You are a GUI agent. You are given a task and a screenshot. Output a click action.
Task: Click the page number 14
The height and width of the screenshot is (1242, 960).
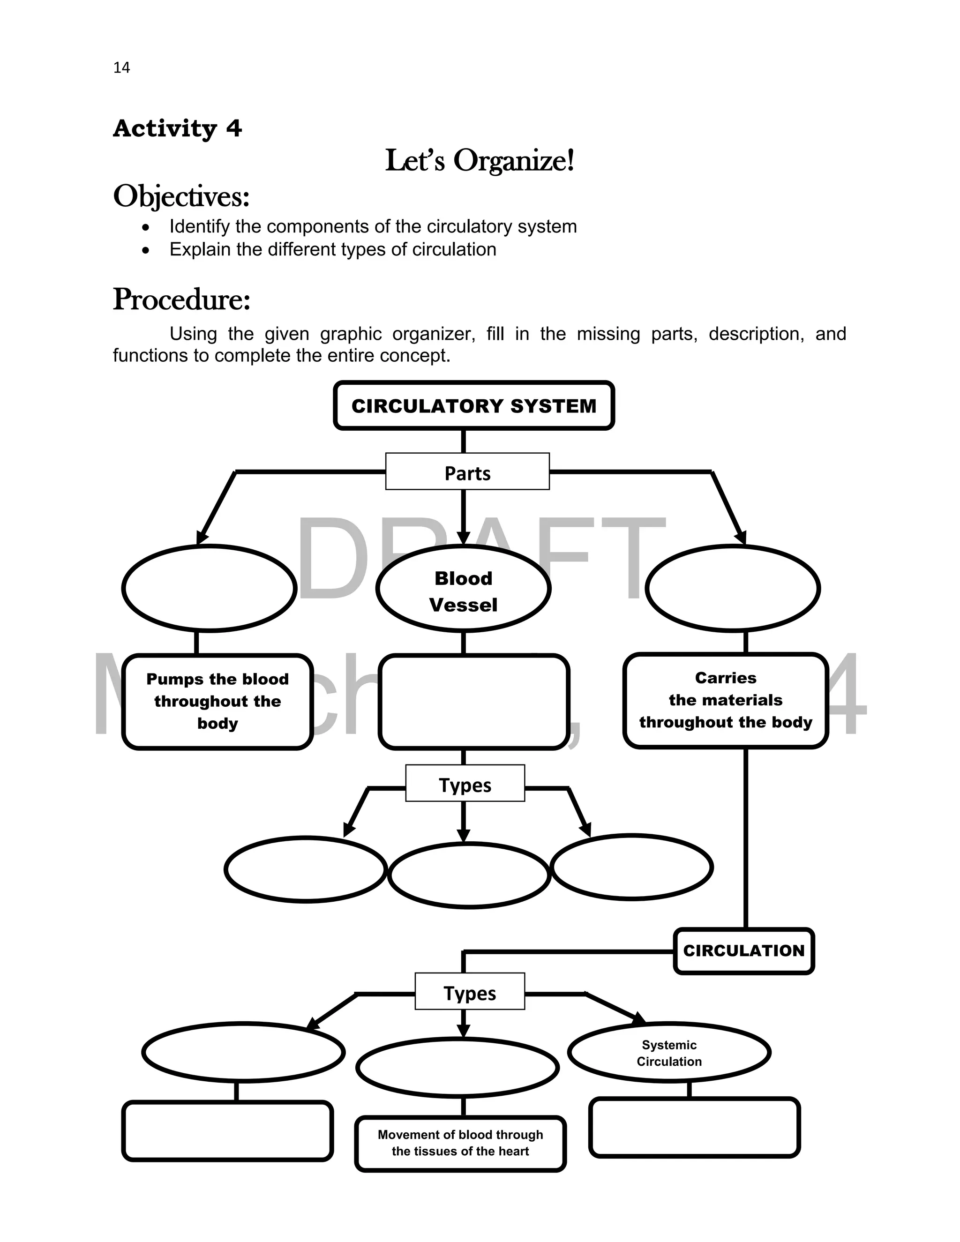122,67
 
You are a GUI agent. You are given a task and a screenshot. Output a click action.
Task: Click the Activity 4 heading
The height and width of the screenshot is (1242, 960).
178,128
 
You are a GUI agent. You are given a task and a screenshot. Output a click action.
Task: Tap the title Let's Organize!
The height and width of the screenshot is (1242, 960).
480,160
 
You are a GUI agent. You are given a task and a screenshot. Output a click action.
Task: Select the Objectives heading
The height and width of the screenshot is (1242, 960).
181,197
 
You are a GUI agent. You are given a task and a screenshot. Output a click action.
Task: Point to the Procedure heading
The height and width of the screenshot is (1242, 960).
181,299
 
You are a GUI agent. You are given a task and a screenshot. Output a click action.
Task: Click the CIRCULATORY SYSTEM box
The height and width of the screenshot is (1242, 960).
474,405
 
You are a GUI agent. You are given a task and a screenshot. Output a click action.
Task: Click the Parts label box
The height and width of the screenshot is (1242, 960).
467,471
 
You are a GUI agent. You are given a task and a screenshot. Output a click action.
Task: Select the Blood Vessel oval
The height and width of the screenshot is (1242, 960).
463,589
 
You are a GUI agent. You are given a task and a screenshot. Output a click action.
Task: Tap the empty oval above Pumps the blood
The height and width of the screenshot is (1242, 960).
209,588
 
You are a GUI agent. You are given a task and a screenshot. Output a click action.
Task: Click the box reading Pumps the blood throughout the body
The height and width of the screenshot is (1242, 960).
217,701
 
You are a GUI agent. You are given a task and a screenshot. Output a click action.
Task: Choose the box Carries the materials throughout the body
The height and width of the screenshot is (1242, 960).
725,700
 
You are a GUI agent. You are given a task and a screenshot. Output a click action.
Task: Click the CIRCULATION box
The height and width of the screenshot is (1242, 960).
743,951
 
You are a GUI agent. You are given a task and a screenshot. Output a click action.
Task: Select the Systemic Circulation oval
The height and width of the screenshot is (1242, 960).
669,1053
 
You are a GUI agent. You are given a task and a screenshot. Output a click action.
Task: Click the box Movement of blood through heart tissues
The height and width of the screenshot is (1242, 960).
460,1143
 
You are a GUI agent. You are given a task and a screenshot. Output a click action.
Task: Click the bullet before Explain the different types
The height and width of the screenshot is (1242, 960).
146,250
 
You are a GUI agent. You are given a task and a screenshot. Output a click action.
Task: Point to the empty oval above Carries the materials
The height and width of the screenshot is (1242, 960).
733,588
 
